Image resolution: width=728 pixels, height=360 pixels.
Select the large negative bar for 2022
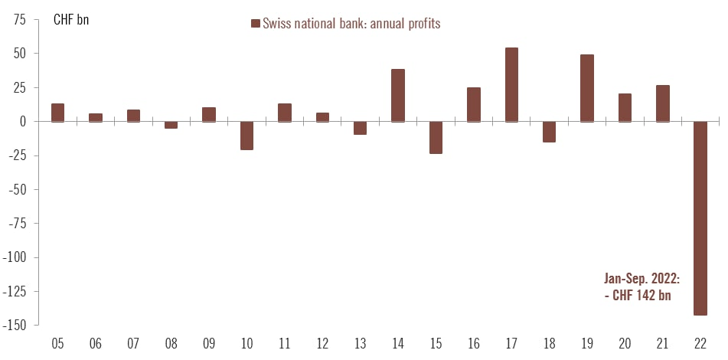coord(700,218)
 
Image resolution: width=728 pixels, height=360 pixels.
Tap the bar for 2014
coord(398,95)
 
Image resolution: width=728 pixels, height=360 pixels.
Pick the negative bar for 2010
coord(246,136)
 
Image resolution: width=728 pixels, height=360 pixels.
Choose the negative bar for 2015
coord(436,137)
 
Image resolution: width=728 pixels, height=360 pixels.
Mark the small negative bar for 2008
coord(171,125)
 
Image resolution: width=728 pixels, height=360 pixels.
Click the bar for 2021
coord(663,103)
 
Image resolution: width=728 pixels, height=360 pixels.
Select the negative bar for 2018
coord(549,132)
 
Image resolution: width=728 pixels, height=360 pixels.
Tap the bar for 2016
coord(474,104)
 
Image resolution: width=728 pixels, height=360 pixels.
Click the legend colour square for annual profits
coord(256,24)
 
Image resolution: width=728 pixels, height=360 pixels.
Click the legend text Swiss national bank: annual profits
coord(351,24)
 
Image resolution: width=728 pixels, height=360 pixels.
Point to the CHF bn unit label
coord(71,20)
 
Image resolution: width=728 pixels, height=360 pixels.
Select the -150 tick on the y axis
coord(15,326)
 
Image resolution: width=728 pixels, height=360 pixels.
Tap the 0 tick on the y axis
coord(24,122)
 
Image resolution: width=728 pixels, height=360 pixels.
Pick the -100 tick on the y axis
coord(15,257)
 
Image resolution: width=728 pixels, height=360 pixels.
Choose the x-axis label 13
coord(360,343)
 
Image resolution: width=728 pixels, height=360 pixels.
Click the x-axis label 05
coord(57,343)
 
